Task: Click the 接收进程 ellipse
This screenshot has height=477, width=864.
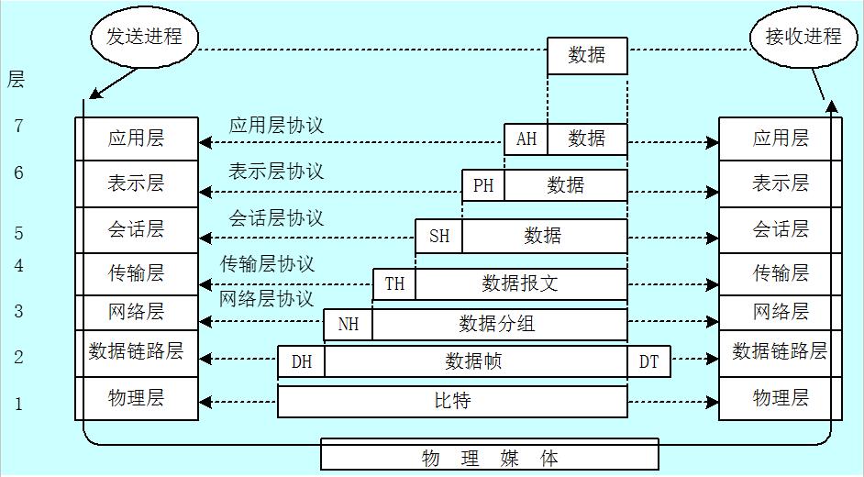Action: point(803,38)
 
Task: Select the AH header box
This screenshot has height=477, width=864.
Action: point(526,139)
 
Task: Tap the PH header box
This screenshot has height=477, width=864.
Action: point(483,186)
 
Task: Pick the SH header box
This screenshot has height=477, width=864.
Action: point(439,236)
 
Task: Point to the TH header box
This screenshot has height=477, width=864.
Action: point(394,283)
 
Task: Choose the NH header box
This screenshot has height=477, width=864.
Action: point(349,324)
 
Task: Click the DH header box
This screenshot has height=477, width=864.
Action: point(302,362)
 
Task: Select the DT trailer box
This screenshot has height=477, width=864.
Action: point(648,362)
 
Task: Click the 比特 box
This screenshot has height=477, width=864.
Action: point(452,401)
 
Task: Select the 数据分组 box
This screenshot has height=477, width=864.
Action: point(498,324)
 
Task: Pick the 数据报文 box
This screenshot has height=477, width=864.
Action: point(520,283)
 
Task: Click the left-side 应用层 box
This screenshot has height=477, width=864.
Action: point(136,139)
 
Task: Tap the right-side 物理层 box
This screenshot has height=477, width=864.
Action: point(781,398)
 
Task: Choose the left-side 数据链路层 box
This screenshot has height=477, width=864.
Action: point(136,351)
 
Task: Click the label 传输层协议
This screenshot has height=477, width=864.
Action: point(267,264)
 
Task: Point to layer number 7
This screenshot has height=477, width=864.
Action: point(18,127)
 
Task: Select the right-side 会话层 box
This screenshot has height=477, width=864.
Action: point(781,229)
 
